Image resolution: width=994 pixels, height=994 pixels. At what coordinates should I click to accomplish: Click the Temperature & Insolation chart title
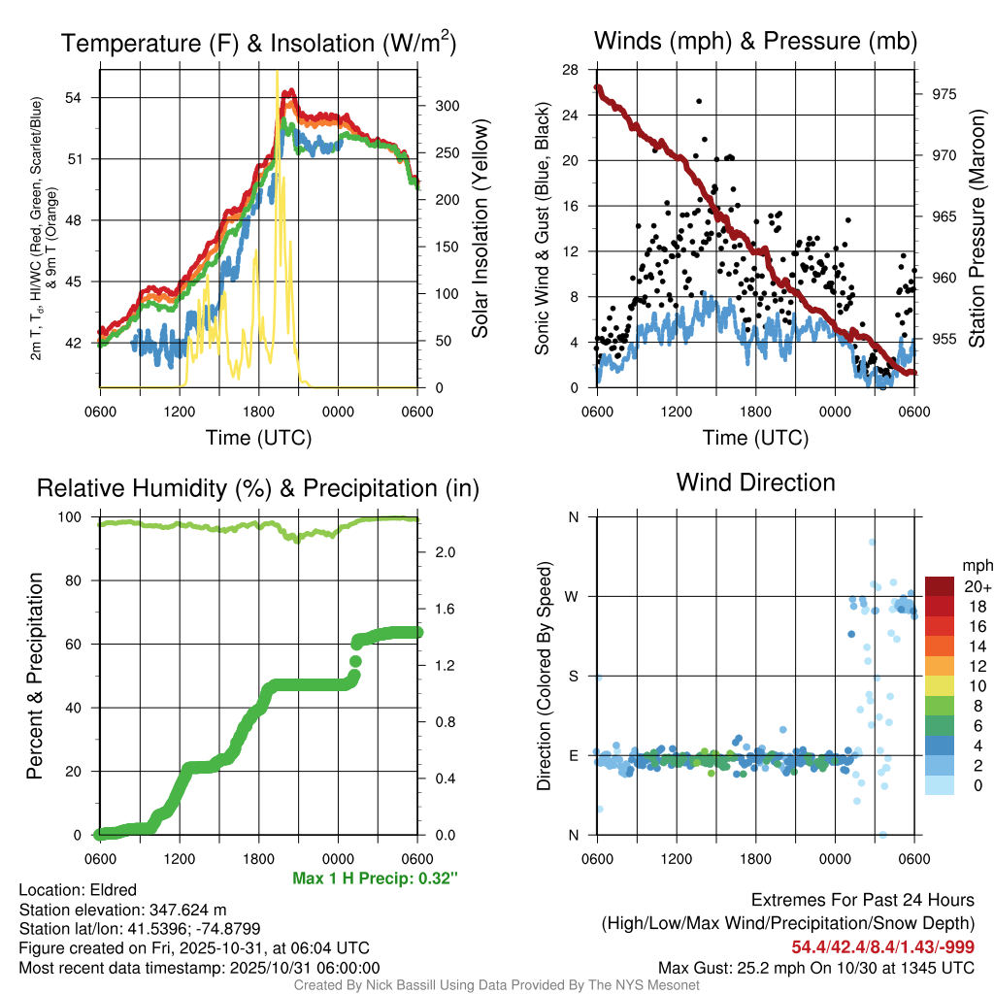point(258,44)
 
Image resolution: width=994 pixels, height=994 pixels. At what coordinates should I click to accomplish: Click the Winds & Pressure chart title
point(755,41)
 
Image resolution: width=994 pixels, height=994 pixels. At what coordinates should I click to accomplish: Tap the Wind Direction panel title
point(755,482)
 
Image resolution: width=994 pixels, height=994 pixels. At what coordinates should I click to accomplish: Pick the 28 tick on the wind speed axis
point(571,70)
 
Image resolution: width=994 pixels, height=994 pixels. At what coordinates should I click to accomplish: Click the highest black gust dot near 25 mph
point(699,101)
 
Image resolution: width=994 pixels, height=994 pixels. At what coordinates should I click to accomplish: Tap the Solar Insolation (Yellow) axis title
point(480,228)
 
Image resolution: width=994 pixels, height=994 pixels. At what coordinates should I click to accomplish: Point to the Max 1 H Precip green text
point(375,878)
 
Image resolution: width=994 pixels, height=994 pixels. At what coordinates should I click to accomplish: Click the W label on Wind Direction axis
point(572,596)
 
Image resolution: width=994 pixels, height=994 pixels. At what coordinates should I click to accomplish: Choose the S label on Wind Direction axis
point(573,676)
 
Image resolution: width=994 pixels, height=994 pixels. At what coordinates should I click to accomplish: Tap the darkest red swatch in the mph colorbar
point(940,586)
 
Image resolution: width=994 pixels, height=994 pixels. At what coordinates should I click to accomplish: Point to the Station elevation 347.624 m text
point(122,910)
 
